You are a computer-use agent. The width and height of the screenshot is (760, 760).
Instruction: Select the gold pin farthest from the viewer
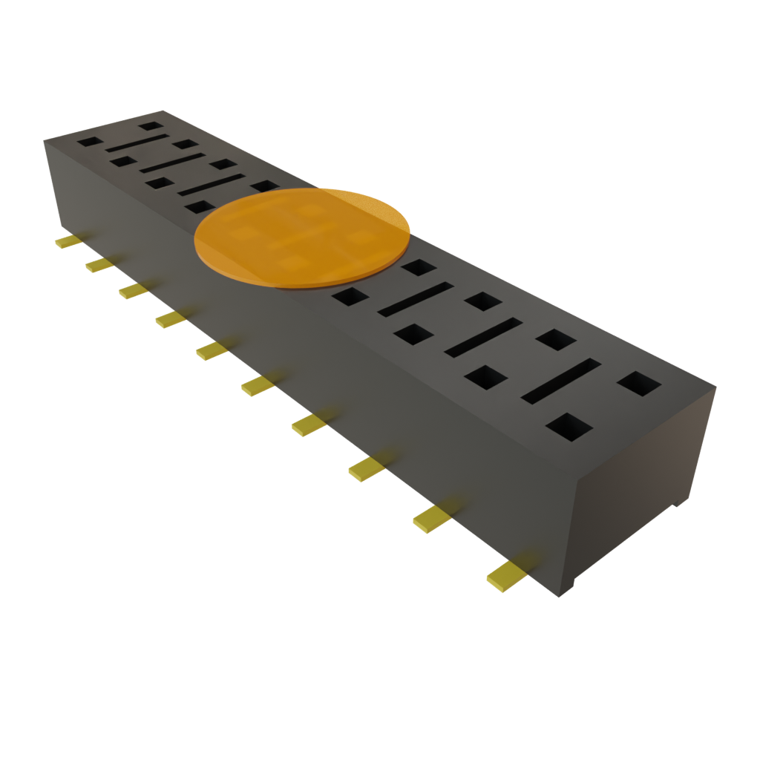tap(68, 242)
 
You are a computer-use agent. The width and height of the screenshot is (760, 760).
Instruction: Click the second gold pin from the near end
tap(432, 519)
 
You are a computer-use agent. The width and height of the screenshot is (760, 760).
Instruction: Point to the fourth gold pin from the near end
tap(309, 425)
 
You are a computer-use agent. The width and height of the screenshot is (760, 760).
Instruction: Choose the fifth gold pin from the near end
tap(257, 384)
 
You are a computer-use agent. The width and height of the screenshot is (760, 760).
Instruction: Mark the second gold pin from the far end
tap(99, 265)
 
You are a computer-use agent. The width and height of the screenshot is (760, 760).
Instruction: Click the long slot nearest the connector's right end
tap(561, 381)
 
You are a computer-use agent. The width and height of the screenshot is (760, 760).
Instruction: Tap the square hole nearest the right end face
tap(639, 383)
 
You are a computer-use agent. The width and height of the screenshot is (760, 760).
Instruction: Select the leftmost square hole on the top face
tap(90, 141)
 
